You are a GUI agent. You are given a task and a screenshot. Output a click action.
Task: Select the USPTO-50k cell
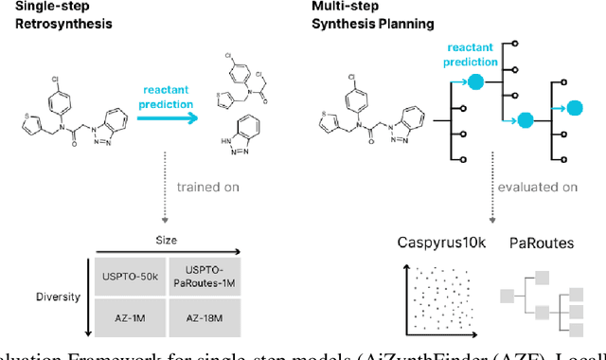pyautogui.click(x=127, y=277)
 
